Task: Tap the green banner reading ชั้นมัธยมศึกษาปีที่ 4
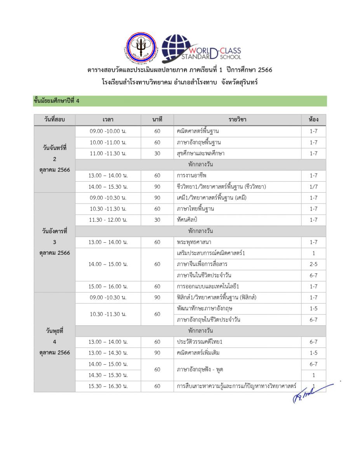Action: pos(180,101)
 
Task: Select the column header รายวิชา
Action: pos(237,120)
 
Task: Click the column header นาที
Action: pos(157,120)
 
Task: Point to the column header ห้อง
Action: pos(313,120)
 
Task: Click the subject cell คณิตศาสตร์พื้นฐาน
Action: pos(237,131)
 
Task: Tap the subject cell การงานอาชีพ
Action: pos(237,176)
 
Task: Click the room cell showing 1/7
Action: pos(313,187)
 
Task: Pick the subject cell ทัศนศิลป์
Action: pos(237,220)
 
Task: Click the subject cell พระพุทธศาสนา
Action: pos(237,242)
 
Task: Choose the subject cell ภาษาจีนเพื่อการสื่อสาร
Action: pos(237,264)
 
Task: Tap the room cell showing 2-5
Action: pos(313,264)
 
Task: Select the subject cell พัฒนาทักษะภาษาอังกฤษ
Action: pos(237,309)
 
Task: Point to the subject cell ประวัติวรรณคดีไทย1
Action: pos(237,342)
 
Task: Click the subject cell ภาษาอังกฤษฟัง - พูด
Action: pos(237,370)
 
